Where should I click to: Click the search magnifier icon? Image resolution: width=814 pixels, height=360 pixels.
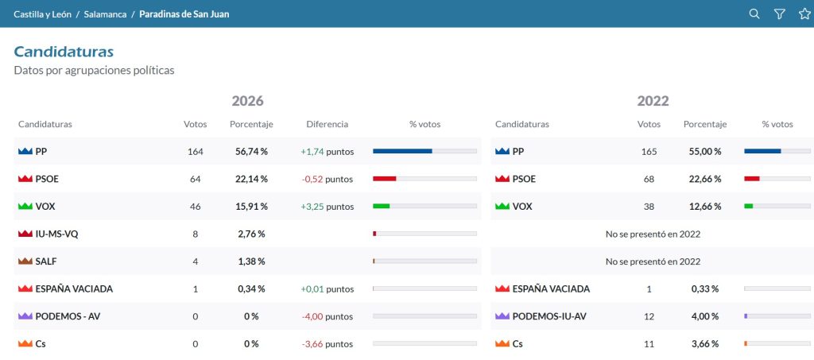(754, 14)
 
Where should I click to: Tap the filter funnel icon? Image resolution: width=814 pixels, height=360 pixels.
(779, 14)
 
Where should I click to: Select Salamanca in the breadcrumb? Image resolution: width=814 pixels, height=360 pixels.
(106, 14)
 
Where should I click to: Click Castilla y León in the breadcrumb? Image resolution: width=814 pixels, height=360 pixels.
(43, 14)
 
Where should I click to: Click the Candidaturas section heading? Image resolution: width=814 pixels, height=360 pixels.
(64, 52)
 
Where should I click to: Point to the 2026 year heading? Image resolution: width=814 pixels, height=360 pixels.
(248, 101)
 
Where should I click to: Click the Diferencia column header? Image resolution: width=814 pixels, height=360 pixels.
(327, 125)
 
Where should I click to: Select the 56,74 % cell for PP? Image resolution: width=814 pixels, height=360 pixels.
(249, 152)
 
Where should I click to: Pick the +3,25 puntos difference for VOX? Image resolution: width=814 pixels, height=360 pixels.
(327, 207)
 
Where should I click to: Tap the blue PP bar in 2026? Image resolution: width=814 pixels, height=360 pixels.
(402, 151)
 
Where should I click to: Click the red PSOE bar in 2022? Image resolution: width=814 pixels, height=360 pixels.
(752, 179)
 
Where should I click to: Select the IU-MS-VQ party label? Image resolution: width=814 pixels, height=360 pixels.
(56, 234)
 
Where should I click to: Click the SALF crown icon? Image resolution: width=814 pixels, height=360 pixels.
(25, 261)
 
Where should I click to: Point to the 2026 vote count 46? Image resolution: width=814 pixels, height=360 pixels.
(196, 207)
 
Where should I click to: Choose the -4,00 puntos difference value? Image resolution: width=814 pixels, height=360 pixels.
(327, 316)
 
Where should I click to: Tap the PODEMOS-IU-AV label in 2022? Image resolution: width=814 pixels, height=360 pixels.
(549, 316)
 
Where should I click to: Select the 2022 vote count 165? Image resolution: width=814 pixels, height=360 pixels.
(649, 152)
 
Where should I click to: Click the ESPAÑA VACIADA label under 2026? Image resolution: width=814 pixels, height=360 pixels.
(74, 289)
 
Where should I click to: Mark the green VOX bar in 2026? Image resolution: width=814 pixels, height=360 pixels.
(381, 206)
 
